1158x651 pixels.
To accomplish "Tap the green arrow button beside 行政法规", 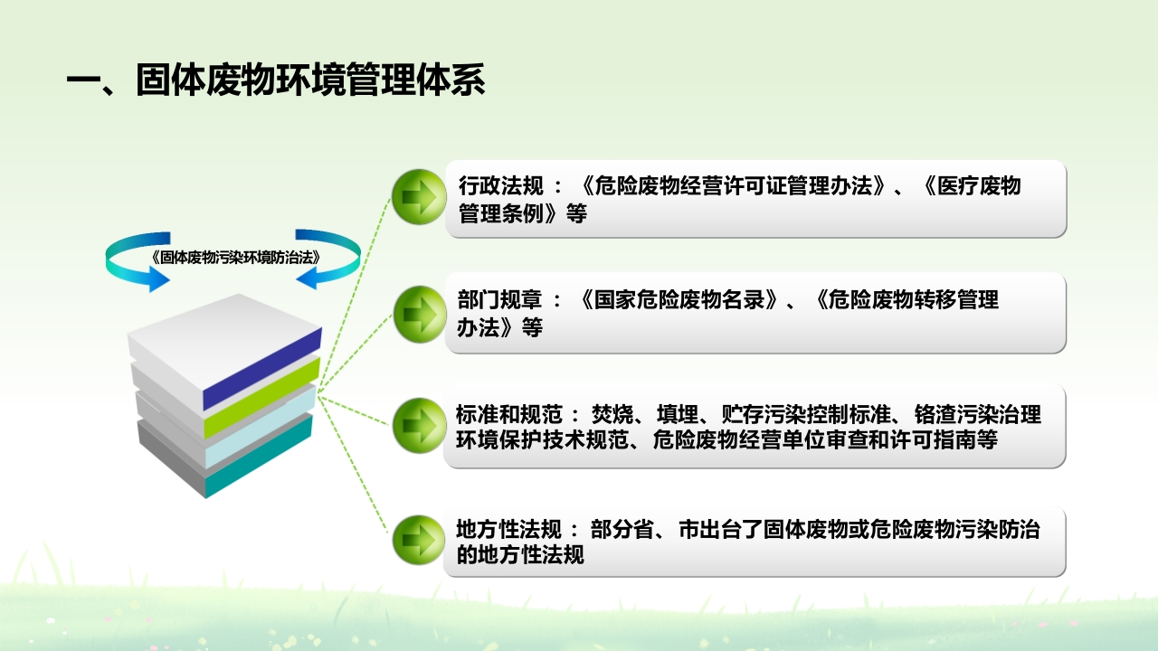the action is point(419,197).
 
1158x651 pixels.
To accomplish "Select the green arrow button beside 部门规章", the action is point(419,314).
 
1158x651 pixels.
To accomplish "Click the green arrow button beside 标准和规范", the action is point(419,425).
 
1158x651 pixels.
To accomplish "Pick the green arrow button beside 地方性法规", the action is point(419,540).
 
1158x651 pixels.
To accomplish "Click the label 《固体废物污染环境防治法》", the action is point(235,258).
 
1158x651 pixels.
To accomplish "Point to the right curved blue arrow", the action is point(327,259).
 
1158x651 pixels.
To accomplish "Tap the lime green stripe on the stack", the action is point(261,398).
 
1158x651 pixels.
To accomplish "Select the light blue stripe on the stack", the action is point(260,428).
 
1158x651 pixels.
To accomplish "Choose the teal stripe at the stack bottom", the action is point(259,456).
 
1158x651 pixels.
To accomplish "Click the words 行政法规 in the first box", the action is point(501,186).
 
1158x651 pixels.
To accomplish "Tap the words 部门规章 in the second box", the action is point(499,299).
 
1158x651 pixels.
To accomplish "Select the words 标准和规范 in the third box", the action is point(508,414).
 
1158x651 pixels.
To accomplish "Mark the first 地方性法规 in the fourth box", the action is point(508,529).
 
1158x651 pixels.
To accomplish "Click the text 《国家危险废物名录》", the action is point(679,299).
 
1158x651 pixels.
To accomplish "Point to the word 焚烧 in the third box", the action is point(612,414).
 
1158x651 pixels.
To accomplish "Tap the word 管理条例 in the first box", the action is point(501,213).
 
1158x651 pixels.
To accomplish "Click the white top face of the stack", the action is point(225,342).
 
